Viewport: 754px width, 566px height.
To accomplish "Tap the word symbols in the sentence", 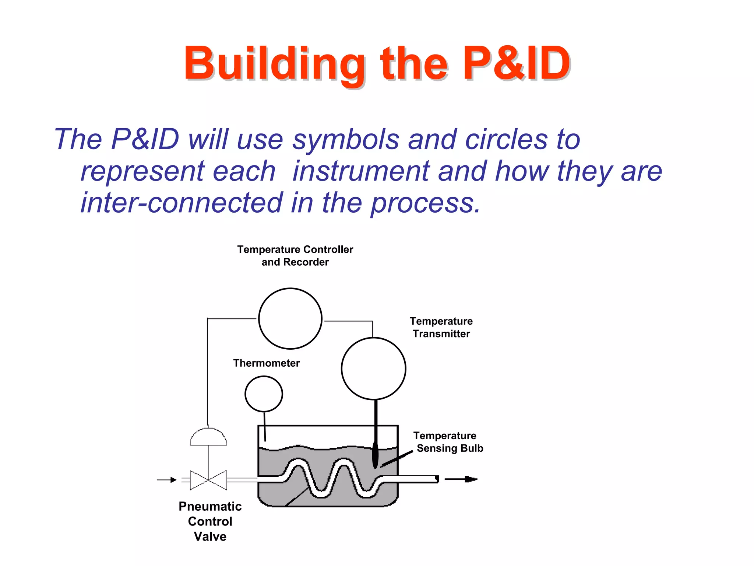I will (x=345, y=140).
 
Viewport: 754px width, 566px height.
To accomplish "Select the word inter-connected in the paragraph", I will (x=182, y=203).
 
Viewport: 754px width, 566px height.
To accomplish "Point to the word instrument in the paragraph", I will (x=360, y=171).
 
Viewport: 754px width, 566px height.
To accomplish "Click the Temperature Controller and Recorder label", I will (x=295, y=256).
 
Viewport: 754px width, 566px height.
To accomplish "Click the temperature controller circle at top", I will (x=290, y=319).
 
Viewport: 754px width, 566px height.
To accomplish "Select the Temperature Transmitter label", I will (x=441, y=328).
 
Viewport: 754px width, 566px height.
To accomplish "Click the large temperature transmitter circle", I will (x=373, y=368).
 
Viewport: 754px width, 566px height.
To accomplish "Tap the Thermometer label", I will (x=266, y=363).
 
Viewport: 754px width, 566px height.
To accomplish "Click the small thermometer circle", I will (x=264, y=394).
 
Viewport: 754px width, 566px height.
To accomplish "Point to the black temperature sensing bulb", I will (x=375, y=455).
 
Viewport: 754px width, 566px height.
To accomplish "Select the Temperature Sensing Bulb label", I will (x=447, y=442).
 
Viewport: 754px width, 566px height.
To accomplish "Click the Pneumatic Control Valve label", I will (x=210, y=521).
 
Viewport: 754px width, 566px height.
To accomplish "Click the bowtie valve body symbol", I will (x=208, y=480).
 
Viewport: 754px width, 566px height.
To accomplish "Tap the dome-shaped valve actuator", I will (x=208, y=437).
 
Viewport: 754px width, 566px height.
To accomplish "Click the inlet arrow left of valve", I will (x=167, y=480).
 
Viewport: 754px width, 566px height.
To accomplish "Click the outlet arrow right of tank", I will (x=461, y=479).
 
